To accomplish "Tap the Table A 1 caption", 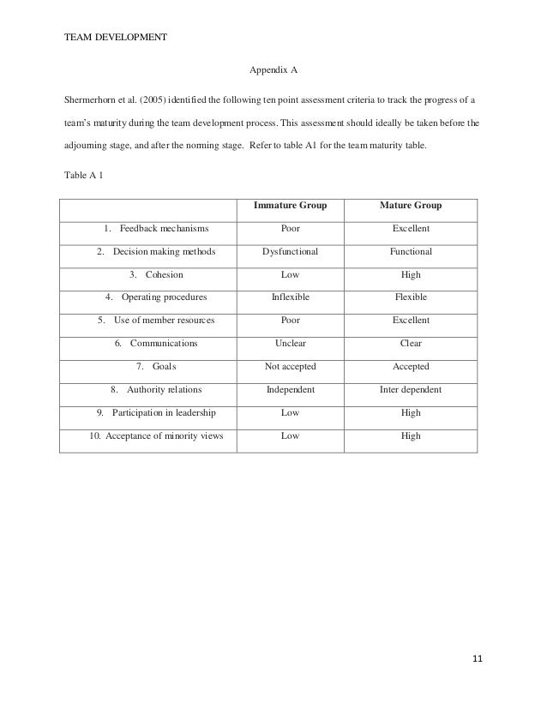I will (85, 177).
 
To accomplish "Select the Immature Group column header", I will (290, 207).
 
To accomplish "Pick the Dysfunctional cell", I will (290, 252).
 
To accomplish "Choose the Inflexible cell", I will (290, 297).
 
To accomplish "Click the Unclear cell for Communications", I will (290, 344).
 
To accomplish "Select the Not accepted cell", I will (290, 367).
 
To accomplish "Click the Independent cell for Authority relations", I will (290, 390).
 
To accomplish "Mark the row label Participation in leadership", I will (164, 412).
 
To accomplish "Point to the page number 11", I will (478, 658).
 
